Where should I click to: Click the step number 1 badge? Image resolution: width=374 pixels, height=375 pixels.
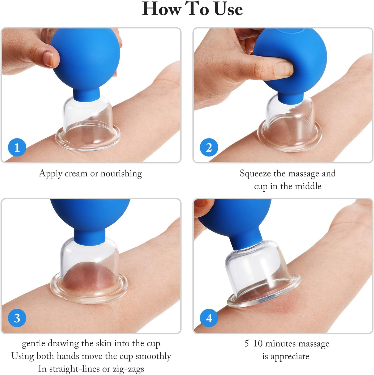(x=17, y=147)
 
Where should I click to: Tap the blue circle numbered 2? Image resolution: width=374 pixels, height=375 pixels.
(x=209, y=147)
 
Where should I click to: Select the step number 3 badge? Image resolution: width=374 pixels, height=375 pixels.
(x=17, y=318)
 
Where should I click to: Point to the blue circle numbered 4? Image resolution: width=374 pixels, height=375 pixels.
(x=209, y=318)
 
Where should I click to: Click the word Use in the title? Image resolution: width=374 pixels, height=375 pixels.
(x=228, y=9)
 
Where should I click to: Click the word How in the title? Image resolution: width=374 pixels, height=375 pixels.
(x=162, y=9)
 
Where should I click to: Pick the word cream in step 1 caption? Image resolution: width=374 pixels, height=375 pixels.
(x=76, y=174)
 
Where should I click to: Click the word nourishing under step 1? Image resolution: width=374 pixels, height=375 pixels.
(x=121, y=174)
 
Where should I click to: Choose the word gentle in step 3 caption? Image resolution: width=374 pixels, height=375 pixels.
(x=34, y=343)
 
